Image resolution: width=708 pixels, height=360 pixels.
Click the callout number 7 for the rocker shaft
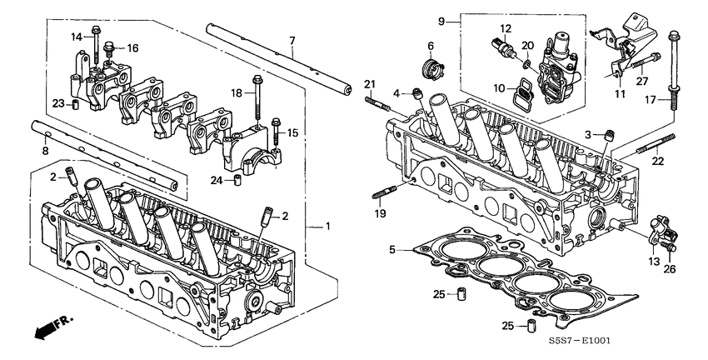click(292, 41)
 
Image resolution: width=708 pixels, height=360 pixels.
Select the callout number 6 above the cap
click(431, 45)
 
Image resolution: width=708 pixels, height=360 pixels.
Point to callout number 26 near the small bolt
click(671, 268)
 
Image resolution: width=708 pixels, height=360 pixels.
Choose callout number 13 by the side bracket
click(654, 262)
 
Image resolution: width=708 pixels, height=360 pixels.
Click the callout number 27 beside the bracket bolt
click(641, 81)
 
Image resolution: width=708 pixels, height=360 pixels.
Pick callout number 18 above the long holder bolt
click(236, 94)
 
